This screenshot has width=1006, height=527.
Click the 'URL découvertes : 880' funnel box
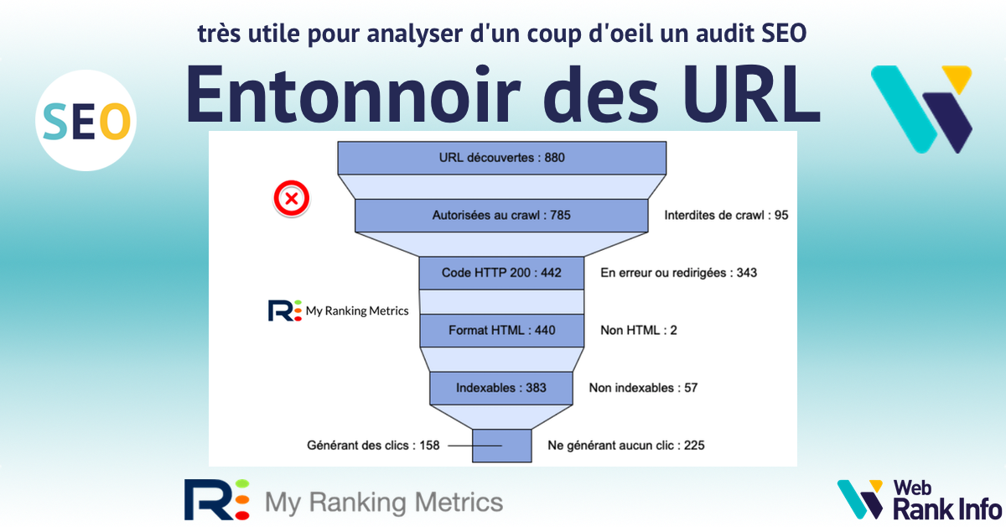[x=501, y=158]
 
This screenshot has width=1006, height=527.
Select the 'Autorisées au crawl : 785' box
[x=501, y=216]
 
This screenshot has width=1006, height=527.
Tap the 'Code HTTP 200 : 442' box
[x=501, y=273]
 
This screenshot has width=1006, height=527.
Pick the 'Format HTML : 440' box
[x=501, y=331]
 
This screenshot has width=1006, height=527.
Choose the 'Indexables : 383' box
[x=501, y=388]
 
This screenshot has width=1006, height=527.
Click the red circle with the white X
[x=292, y=198]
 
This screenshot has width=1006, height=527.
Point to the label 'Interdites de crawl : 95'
[x=726, y=216]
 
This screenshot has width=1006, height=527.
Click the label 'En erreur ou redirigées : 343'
[x=678, y=273]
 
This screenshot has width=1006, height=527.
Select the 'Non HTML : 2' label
[x=639, y=331]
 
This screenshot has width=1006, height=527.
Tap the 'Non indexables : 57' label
[x=643, y=388]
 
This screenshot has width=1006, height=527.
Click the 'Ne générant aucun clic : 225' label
[x=626, y=446]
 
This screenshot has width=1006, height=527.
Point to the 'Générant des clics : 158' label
[x=373, y=446]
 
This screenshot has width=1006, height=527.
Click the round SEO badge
[x=86, y=121]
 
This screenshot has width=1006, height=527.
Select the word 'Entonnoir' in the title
[x=353, y=95]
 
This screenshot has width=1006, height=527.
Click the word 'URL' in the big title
[x=751, y=95]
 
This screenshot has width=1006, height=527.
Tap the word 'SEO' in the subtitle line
[x=784, y=34]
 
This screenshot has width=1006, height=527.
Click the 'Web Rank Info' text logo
[x=947, y=500]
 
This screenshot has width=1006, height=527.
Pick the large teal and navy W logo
[x=921, y=109]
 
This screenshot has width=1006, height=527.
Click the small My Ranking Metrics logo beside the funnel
[x=338, y=310]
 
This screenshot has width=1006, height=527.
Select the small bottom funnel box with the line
[x=501, y=446]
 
